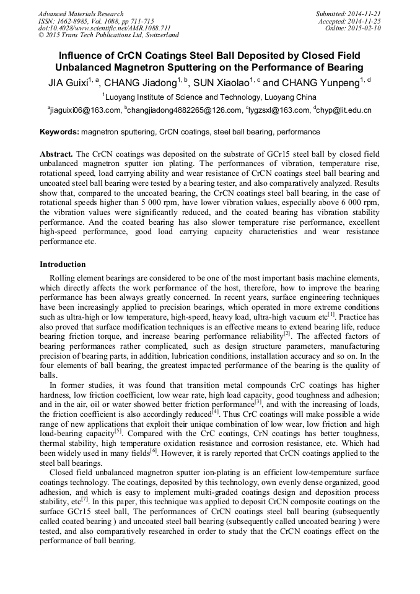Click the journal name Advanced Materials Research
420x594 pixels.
tap(81, 14)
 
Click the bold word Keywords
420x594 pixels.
tap(59, 132)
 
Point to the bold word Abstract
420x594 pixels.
tap(56, 153)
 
